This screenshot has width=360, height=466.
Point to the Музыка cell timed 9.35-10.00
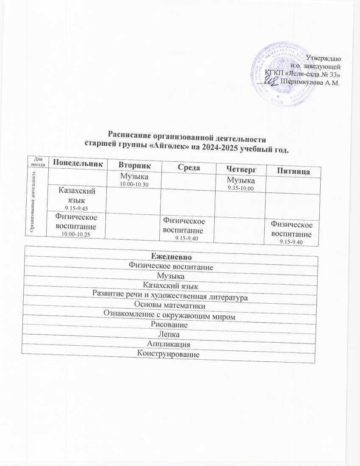(x=241, y=184)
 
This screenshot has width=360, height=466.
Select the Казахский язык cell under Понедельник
(x=77, y=195)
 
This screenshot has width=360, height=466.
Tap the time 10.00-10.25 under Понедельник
(x=77, y=234)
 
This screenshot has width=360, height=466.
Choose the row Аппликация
(x=169, y=344)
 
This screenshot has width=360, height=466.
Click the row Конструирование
(x=169, y=354)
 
